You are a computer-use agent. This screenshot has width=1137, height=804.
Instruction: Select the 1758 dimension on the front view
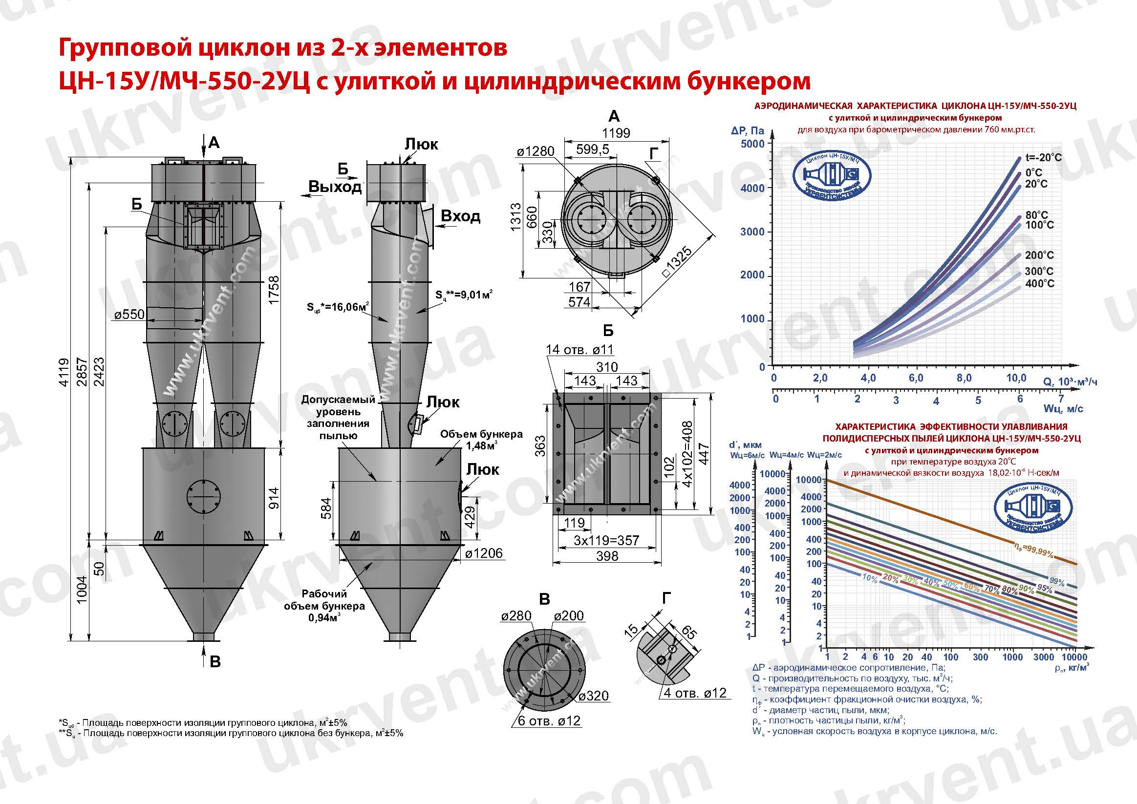274,290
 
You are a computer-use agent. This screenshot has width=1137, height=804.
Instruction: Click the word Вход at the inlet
460,216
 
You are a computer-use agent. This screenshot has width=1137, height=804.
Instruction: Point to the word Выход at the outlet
335,187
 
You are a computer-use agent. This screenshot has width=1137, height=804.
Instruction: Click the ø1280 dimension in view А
536,151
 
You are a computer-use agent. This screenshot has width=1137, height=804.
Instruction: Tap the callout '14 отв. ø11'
579,350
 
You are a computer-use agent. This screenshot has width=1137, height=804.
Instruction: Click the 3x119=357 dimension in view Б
606,540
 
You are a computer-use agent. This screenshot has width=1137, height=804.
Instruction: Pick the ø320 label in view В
593,696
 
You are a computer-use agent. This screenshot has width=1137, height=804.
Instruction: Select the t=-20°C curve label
1043,158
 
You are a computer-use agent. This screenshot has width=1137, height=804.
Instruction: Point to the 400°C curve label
1039,284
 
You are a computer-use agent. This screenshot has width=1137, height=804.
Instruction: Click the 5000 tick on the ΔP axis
753,144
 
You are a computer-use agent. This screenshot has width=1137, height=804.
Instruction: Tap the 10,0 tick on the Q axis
1016,378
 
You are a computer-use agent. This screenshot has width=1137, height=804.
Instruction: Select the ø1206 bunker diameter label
484,553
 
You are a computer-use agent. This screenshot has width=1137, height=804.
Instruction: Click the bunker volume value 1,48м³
481,446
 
